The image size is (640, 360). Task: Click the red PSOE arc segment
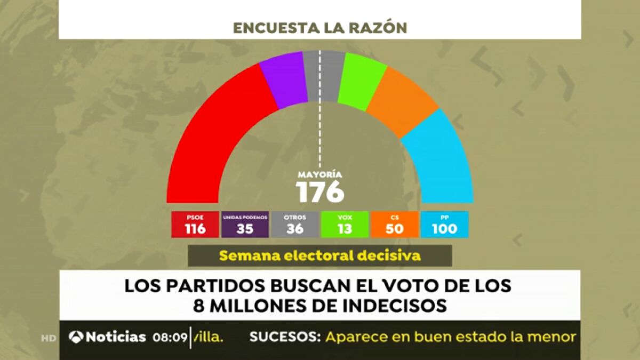pyautogui.click(x=213, y=133)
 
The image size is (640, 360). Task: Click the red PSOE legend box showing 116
pyautogui.click(x=195, y=225)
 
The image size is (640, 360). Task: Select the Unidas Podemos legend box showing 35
pyautogui.click(x=245, y=225)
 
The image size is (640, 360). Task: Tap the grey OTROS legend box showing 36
pyautogui.click(x=294, y=225)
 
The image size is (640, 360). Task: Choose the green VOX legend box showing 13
pyautogui.click(x=345, y=225)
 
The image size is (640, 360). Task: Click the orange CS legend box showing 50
pyautogui.click(x=394, y=225)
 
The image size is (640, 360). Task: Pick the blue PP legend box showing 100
pyautogui.click(x=444, y=225)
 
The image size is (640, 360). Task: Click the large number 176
pyautogui.click(x=320, y=192)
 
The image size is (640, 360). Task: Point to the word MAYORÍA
pyautogui.click(x=320, y=174)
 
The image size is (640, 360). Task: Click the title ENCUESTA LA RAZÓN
pyautogui.click(x=320, y=28)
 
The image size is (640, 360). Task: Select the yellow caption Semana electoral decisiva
pyautogui.click(x=320, y=255)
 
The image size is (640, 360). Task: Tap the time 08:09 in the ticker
pyautogui.click(x=170, y=337)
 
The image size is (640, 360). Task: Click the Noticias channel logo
pyautogui.click(x=108, y=337)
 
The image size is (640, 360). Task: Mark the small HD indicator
pyautogui.click(x=49, y=338)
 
